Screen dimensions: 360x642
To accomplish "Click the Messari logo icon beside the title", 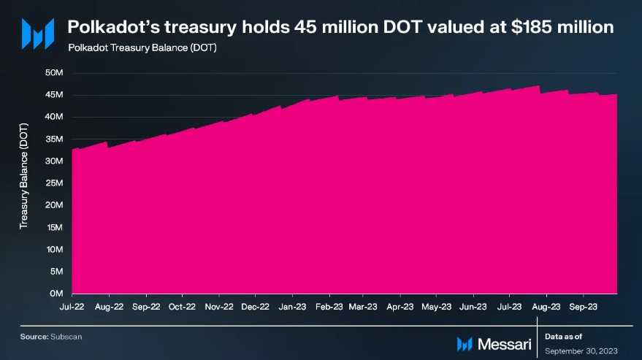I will click(x=37, y=34).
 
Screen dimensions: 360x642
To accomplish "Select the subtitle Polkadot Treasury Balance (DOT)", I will click(x=142, y=48).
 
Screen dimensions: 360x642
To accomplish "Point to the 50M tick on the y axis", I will click(x=56, y=73).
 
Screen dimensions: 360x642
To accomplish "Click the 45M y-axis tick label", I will click(x=56, y=95).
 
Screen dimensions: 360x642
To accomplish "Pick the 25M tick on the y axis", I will click(x=56, y=183).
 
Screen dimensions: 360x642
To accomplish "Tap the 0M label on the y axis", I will click(x=58, y=294).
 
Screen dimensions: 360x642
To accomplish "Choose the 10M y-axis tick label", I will click(x=56, y=250).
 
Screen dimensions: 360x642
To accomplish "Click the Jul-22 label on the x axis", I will click(x=72, y=307).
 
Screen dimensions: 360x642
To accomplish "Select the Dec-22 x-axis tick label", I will click(x=255, y=307).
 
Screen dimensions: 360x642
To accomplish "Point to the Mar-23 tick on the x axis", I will click(x=363, y=307).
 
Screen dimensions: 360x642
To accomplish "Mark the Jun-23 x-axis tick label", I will click(x=473, y=307).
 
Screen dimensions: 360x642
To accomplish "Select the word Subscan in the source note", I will click(x=62, y=337).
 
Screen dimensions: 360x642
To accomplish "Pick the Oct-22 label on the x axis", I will click(x=182, y=307).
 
